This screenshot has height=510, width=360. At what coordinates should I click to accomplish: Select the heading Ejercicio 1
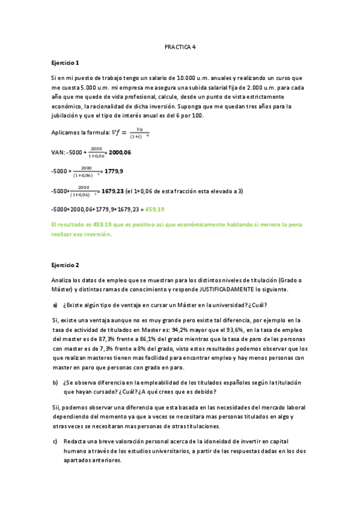point(65,63)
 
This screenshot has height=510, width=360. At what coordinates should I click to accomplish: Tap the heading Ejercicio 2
point(65,265)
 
